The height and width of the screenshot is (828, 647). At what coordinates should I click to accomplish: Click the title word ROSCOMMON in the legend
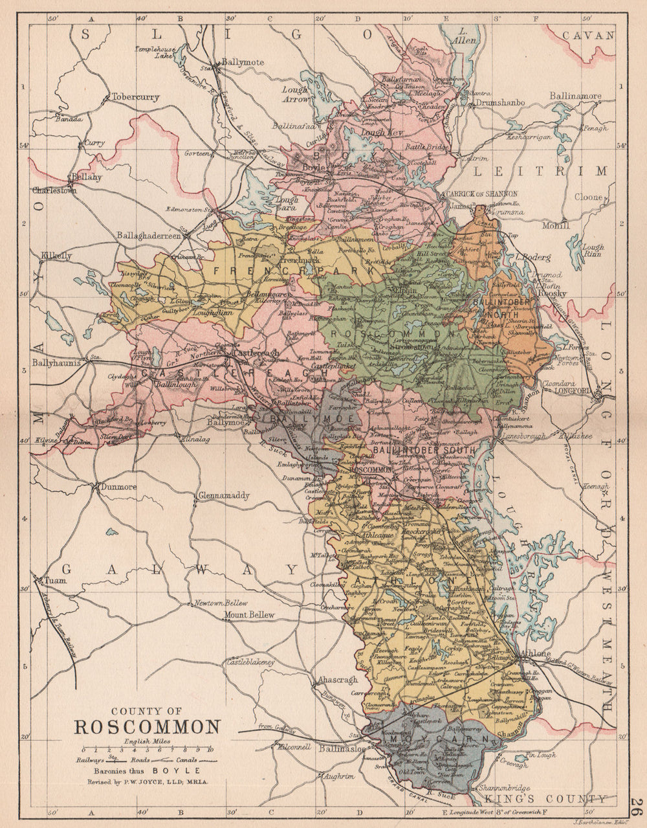tap(148, 726)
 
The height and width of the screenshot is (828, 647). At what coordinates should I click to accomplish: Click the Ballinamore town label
tap(575, 96)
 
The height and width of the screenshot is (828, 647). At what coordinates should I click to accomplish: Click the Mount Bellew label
tap(249, 614)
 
